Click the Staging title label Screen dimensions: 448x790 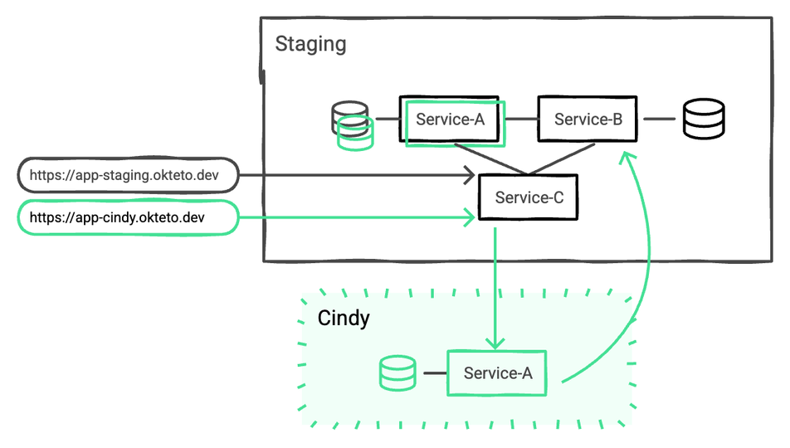[x=310, y=43]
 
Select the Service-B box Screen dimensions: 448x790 [x=588, y=119]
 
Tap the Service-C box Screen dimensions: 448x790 [x=529, y=197]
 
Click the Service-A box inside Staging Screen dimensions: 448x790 [x=450, y=119]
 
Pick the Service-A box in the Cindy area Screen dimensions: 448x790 [x=497, y=373]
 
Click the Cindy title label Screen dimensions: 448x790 [x=344, y=319]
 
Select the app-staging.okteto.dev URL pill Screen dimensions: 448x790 [x=128, y=175]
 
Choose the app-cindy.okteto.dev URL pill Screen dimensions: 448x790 [x=128, y=218]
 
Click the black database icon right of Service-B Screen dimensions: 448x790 [x=704, y=119]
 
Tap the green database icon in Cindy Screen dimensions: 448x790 [x=397, y=373]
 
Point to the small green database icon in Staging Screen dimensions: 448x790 [x=355, y=135]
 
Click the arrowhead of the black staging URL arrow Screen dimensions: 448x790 [x=470, y=175]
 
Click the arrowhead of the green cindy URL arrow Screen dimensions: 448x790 [x=470, y=218]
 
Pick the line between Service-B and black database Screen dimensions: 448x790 [x=659, y=119]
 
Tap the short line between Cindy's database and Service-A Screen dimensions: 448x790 [x=435, y=373]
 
